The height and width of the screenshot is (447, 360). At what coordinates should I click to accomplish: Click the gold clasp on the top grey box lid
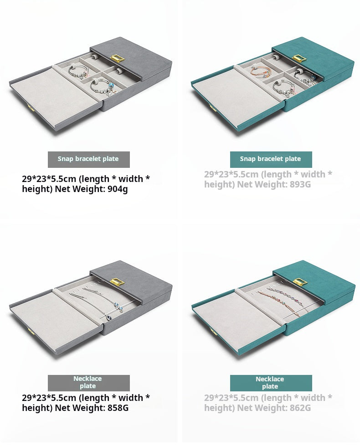point(118,58)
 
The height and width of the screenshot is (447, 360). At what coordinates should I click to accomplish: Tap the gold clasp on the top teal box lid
point(299,58)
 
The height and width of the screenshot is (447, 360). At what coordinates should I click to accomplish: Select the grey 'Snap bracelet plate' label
point(88,159)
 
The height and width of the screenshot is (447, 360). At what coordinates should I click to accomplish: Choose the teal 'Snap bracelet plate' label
point(271,159)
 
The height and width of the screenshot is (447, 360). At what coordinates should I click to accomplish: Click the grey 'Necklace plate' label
point(88,383)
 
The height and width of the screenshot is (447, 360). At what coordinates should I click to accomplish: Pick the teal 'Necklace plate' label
point(271,383)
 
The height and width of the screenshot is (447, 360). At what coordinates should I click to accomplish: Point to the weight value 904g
point(118,189)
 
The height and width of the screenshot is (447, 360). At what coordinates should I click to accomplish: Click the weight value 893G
point(300,184)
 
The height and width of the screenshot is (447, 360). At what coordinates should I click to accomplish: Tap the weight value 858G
point(118,408)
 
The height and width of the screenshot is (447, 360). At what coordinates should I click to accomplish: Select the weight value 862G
point(300,408)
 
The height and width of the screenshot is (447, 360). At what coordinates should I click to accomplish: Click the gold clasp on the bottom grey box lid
point(118,282)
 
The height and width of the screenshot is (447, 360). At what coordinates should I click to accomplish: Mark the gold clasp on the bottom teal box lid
point(300,282)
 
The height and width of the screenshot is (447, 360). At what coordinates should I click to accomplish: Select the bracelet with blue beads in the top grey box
point(102,86)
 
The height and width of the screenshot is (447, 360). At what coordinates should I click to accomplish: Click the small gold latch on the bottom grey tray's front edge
point(29,331)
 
